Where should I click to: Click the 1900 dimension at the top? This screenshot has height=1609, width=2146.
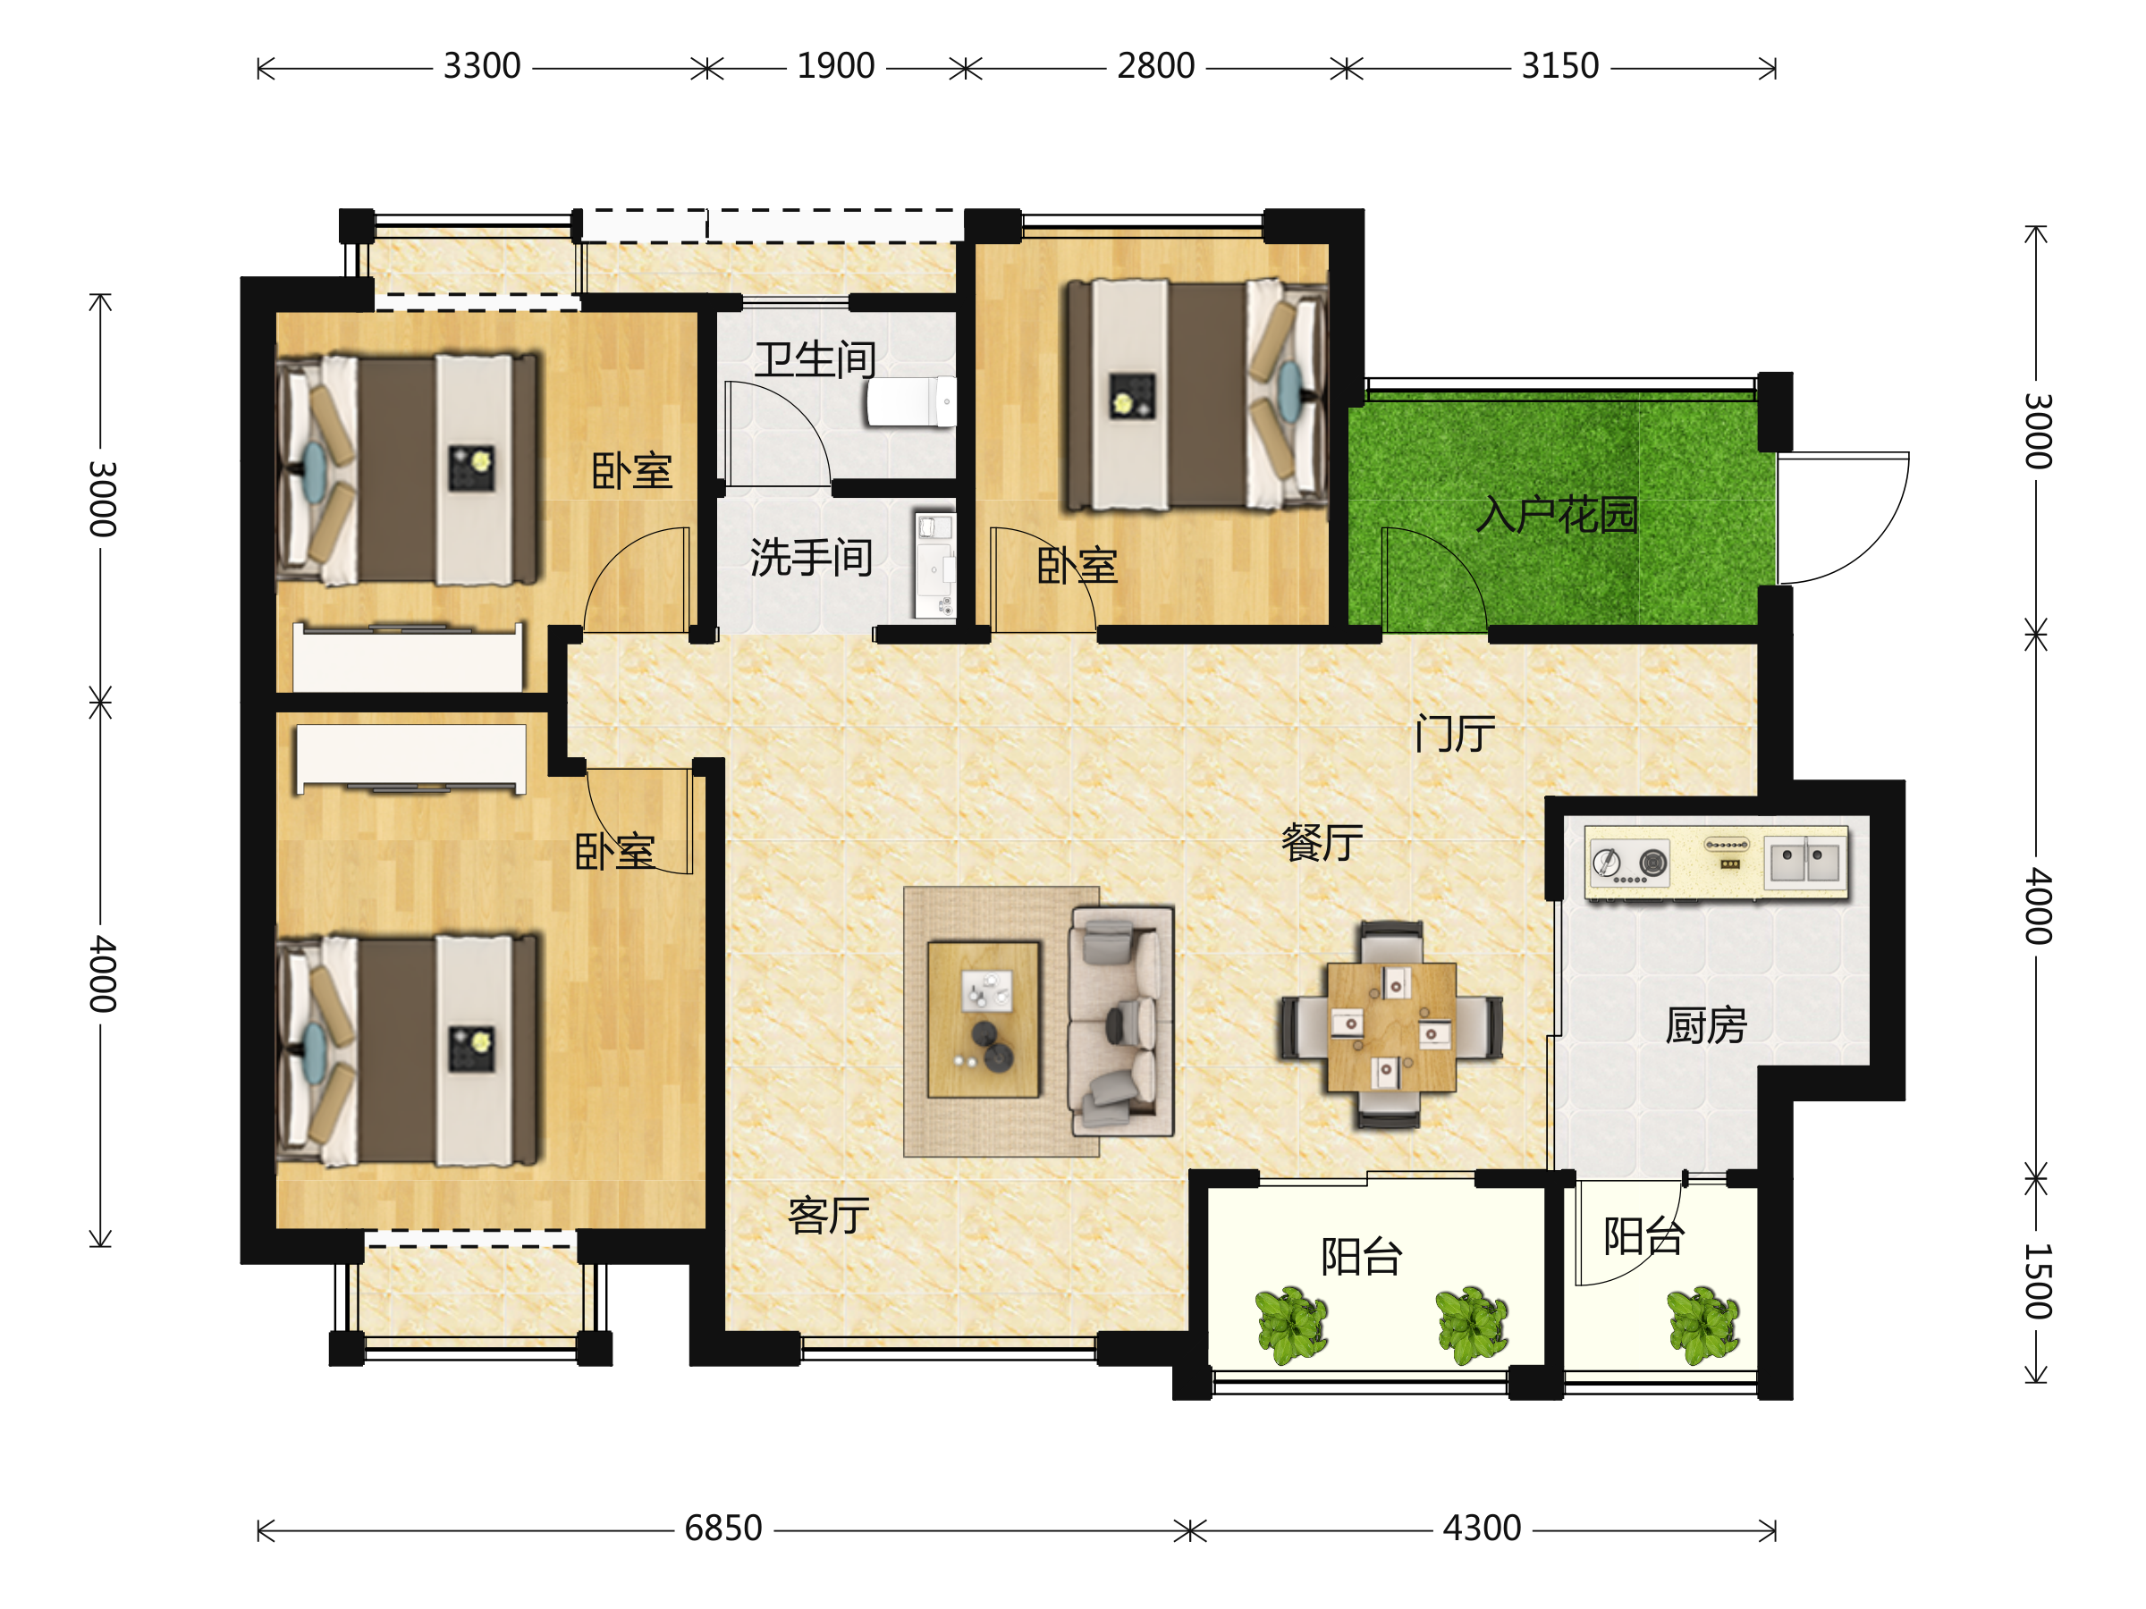click(x=835, y=66)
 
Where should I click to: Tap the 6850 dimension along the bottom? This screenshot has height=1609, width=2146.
click(x=722, y=1529)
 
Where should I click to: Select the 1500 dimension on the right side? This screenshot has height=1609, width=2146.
click(x=2037, y=1280)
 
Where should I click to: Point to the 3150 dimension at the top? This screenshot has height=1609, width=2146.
click(x=1560, y=66)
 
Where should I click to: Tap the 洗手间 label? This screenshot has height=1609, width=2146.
click(x=811, y=558)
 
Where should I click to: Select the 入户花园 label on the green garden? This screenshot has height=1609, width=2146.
click(x=1557, y=514)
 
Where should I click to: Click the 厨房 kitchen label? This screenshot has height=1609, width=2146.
click(x=1705, y=1025)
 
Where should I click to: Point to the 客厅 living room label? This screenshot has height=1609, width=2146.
click(x=829, y=1215)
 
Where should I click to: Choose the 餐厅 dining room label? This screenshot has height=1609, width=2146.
click(x=1322, y=842)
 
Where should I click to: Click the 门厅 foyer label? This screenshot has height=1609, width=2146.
click(x=1454, y=733)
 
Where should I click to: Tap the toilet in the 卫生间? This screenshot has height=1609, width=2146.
click(x=911, y=401)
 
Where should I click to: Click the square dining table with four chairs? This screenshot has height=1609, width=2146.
click(x=1391, y=1025)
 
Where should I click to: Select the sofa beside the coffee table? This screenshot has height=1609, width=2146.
click(x=1121, y=1021)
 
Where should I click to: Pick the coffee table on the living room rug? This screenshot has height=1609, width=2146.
click(x=983, y=1019)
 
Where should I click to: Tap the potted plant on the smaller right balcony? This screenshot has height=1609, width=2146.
click(x=1704, y=1325)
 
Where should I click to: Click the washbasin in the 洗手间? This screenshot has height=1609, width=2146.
click(x=935, y=566)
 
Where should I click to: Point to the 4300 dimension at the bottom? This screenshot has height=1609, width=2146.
click(x=1482, y=1529)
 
